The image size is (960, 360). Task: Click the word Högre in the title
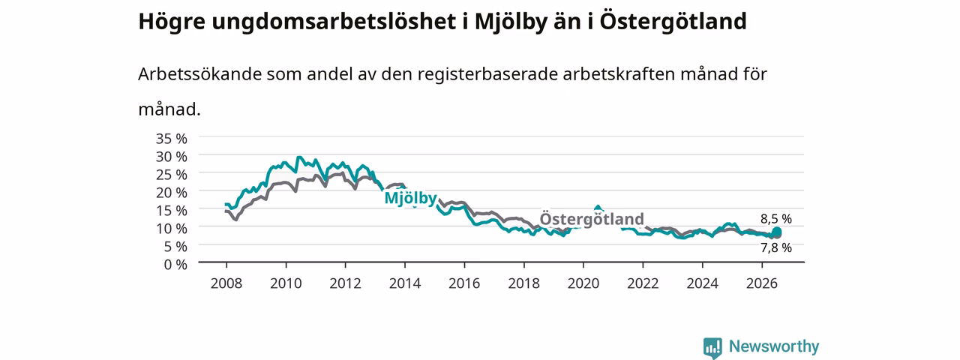pyautogui.click(x=172, y=22)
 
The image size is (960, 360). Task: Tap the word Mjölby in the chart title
pyautogui.click(x=511, y=22)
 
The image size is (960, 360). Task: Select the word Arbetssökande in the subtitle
pyautogui.click(x=199, y=74)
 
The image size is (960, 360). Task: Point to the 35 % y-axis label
pyautogui.click(x=172, y=139)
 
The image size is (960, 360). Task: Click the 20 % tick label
pyautogui.click(x=172, y=193)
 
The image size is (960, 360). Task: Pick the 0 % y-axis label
pyautogui.click(x=175, y=265)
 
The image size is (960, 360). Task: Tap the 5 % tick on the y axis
pyautogui.click(x=175, y=247)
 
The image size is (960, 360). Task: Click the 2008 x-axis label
pyautogui.click(x=226, y=283)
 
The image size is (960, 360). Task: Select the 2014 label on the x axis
pyautogui.click(x=405, y=283)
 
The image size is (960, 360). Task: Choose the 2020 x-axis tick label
pyautogui.click(x=583, y=283)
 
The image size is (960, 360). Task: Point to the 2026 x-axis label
pyautogui.click(x=762, y=283)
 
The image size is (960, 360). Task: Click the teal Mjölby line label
pyautogui.click(x=410, y=199)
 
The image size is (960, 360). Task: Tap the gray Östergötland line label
pyautogui.click(x=592, y=219)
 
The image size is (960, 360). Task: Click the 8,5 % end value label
pyautogui.click(x=776, y=219)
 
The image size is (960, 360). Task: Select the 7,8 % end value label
pyautogui.click(x=776, y=247)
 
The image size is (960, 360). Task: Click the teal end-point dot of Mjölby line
pyautogui.click(x=776, y=232)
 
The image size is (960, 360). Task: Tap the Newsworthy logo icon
pyautogui.click(x=712, y=347)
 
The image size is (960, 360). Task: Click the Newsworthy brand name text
pyautogui.click(x=774, y=346)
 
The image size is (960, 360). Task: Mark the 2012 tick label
pyautogui.click(x=346, y=283)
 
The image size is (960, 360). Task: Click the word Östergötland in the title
pyautogui.click(x=673, y=22)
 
